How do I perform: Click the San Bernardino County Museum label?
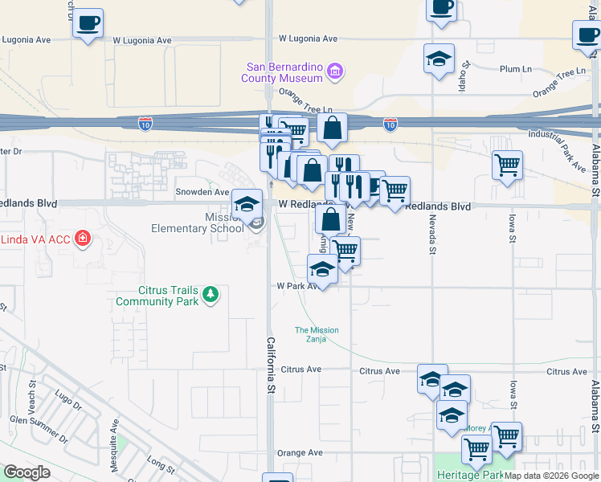[282, 72]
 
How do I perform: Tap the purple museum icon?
[336, 72]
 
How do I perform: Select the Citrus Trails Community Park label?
[156, 296]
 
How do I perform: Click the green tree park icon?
[211, 295]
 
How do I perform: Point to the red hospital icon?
[81, 238]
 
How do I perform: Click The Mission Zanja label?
[317, 335]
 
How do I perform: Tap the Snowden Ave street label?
[202, 192]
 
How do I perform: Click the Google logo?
[27, 472]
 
